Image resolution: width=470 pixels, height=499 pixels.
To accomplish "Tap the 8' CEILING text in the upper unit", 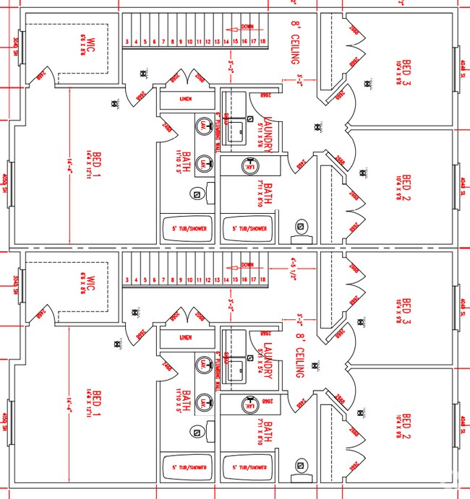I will coord(294,43).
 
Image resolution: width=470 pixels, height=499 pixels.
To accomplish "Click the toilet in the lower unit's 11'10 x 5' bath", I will coord(196,432).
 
